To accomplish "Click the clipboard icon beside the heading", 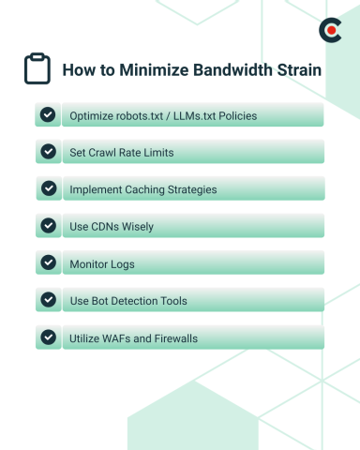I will [x=37, y=69].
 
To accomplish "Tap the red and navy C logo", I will [x=328, y=31].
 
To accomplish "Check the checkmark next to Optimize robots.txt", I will [x=47, y=114].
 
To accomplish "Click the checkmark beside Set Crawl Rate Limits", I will [x=47, y=151].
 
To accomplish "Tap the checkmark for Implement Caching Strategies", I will [x=47, y=188].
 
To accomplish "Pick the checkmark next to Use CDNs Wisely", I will [x=47, y=226].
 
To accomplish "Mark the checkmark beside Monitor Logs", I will [x=47, y=263].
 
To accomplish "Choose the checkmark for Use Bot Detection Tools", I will [x=47, y=300].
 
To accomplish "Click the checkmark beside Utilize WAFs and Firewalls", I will [x=47, y=337].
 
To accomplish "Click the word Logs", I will [x=122, y=264].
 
